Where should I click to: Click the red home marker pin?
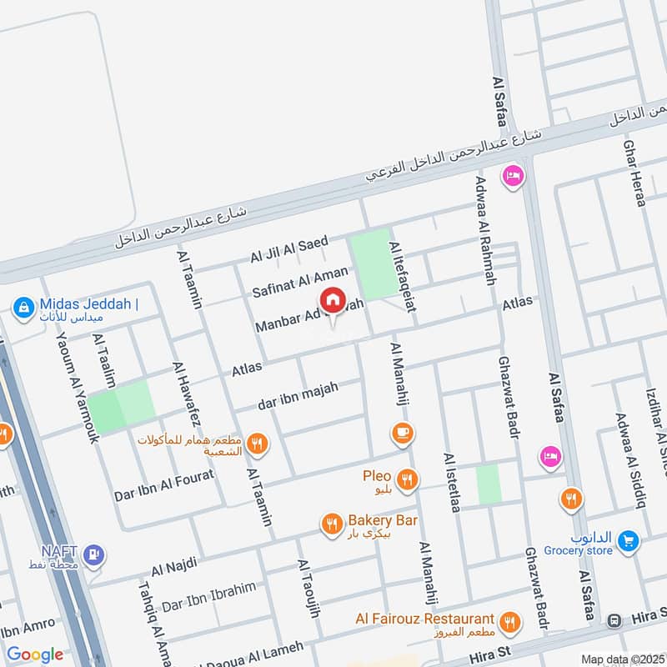pos(333,300)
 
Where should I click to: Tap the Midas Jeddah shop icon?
pos(23,308)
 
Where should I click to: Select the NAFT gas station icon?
pos(94,553)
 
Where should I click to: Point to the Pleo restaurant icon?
pos(407,479)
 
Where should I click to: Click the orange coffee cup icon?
pos(403,433)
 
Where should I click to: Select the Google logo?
pos(35,654)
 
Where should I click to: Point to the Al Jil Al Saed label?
pos(289,248)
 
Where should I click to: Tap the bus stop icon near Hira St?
pos(614,620)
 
